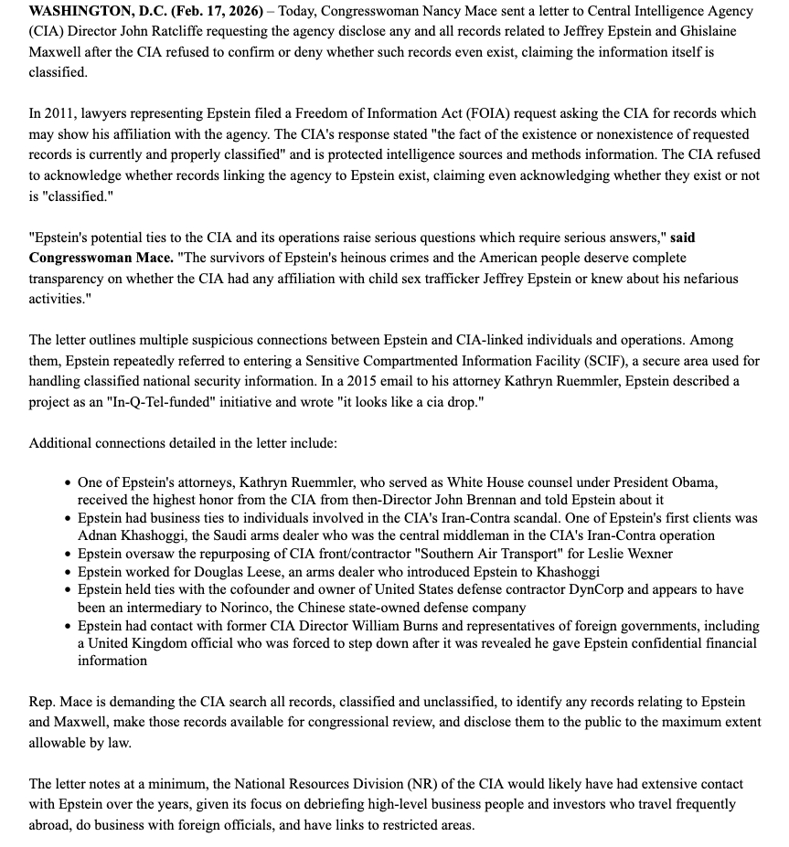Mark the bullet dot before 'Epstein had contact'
tap(69, 626)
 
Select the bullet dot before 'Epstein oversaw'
tap(69, 554)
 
